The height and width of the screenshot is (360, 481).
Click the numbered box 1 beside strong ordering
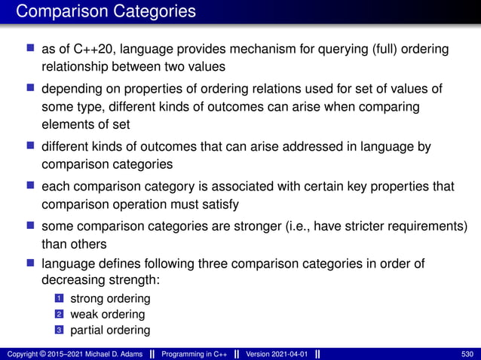pyautogui.click(x=57, y=299)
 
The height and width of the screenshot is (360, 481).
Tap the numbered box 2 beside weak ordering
pyautogui.click(x=57, y=315)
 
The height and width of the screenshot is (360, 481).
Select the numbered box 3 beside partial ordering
pyautogui.click(x=57, y=330)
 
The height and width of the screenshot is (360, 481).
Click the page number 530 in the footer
pyautogui.click(x=467, y=353)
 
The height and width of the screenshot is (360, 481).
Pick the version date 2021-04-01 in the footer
pyautogui.click(x=287, y=353)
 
